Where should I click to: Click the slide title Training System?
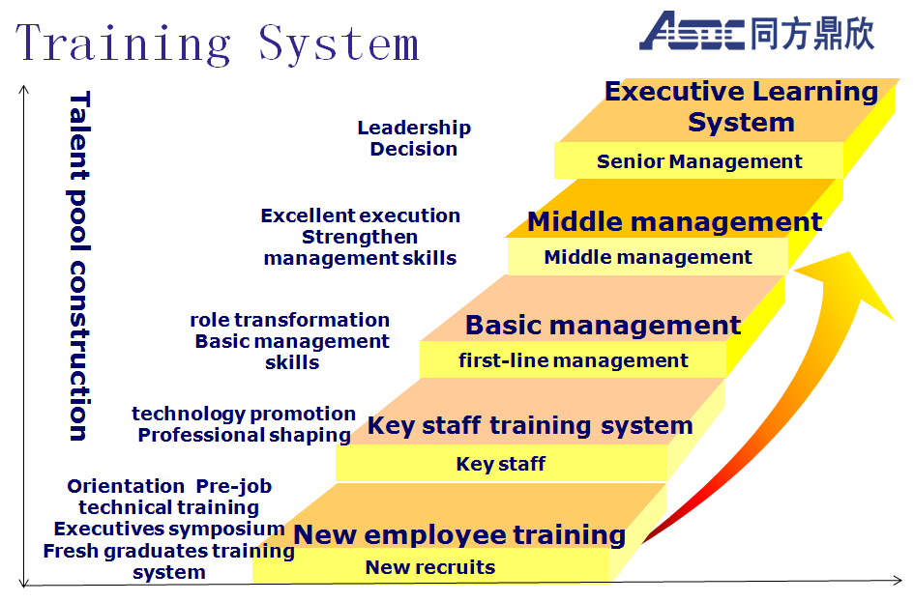217,44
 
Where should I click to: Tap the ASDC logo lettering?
692,31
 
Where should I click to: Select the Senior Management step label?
699,161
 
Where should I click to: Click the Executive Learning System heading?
742,106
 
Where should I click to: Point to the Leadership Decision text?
414,138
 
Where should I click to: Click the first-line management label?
573,360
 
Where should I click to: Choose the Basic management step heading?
603,325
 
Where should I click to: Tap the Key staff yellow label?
501,464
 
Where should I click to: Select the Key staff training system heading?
530,425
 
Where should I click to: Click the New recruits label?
430,567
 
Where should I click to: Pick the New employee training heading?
459,534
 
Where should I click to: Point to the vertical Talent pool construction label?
79,266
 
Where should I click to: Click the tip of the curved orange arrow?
849,252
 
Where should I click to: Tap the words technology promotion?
244,414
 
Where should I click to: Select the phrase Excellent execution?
360,215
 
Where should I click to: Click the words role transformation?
290,320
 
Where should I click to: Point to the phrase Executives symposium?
169,529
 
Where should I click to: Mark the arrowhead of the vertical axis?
24,90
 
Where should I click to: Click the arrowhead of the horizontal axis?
897,580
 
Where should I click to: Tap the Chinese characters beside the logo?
812,33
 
